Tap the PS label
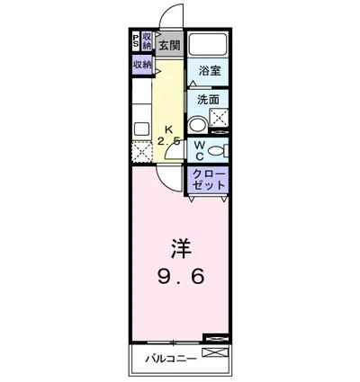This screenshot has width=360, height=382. (x=136, y=41)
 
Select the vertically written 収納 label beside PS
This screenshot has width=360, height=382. (x=147, y=41)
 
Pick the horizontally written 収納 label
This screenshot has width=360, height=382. (x=142, y=65)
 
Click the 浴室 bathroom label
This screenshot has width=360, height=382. (x=209, y=70)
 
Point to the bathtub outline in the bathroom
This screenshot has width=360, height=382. (x=209, y=44)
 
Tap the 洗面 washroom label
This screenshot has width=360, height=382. (x=209, y=101)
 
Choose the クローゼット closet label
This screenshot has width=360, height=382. (x=208, y=180)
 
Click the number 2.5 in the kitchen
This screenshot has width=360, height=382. (x=168, y=141)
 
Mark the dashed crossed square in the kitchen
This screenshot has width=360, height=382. (x=141, y=150)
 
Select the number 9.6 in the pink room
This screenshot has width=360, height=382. (x=180, y=276)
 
